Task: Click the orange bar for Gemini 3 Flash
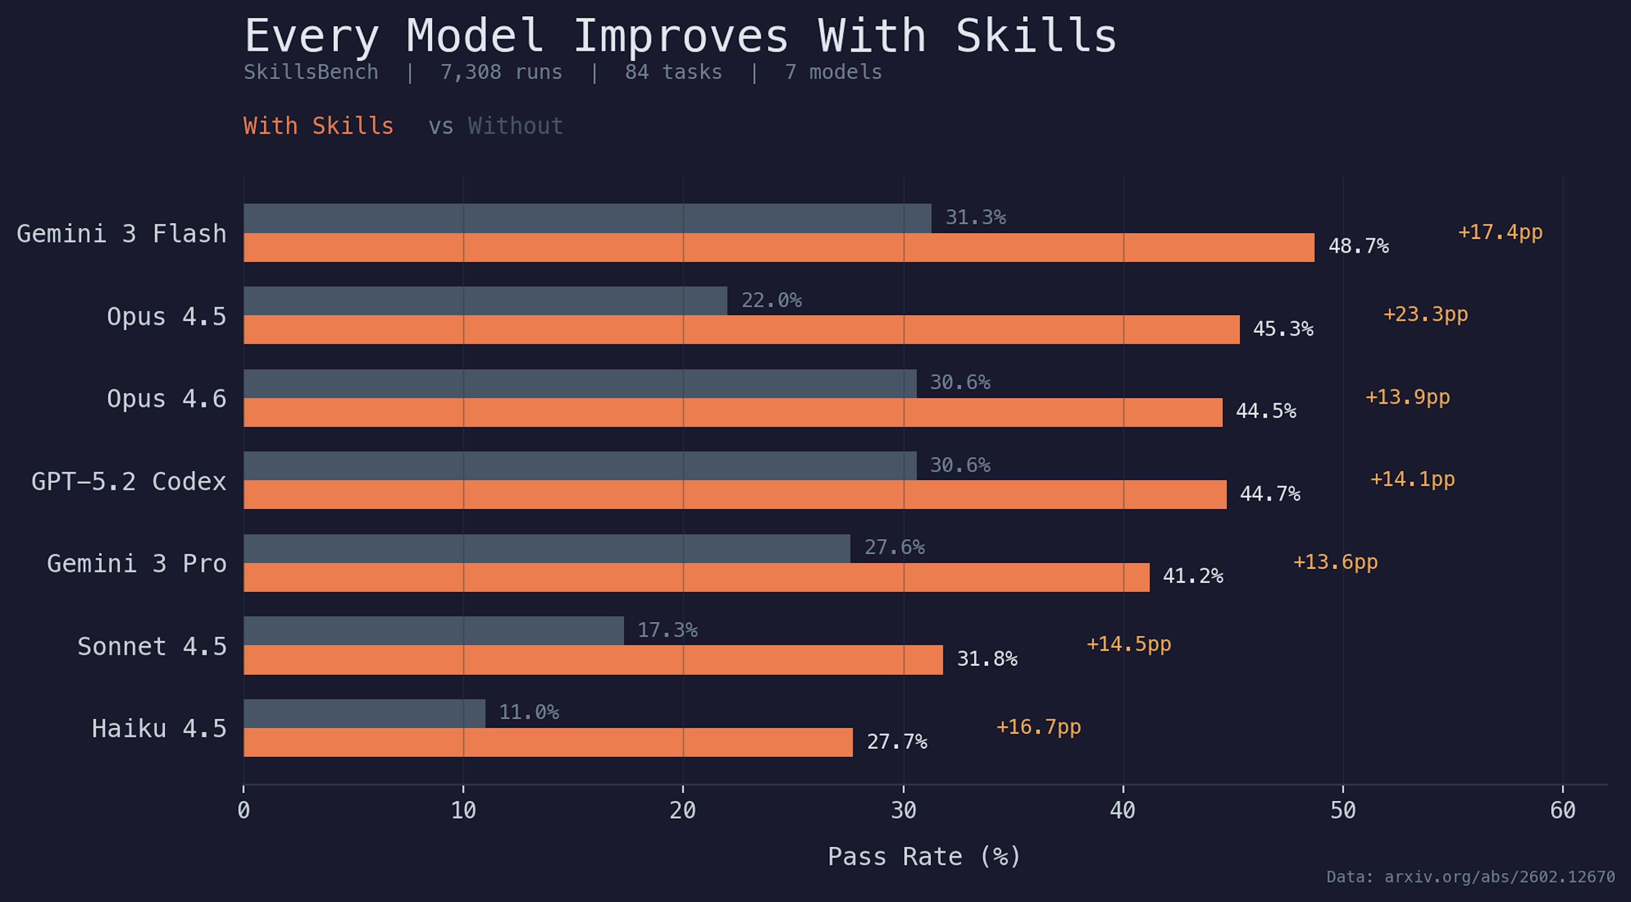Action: (x=779, y=248)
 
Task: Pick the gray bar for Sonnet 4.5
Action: (x=434, y=630)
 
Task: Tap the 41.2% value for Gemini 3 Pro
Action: (x=1192, y=576)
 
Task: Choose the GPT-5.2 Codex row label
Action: (x=129, y=482)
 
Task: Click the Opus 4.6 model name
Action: (x=166, y=399)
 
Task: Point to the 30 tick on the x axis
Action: (x=903, y=810)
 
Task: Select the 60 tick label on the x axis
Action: (x=1563, y=810)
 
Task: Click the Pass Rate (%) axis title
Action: (x=924, y=857)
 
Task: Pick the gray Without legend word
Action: (x=515, y=126)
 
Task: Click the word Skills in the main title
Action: (x=1036, y=36)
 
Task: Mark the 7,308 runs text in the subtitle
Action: (x=501, y=72)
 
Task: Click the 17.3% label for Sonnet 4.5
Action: (x=667, y=630)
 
